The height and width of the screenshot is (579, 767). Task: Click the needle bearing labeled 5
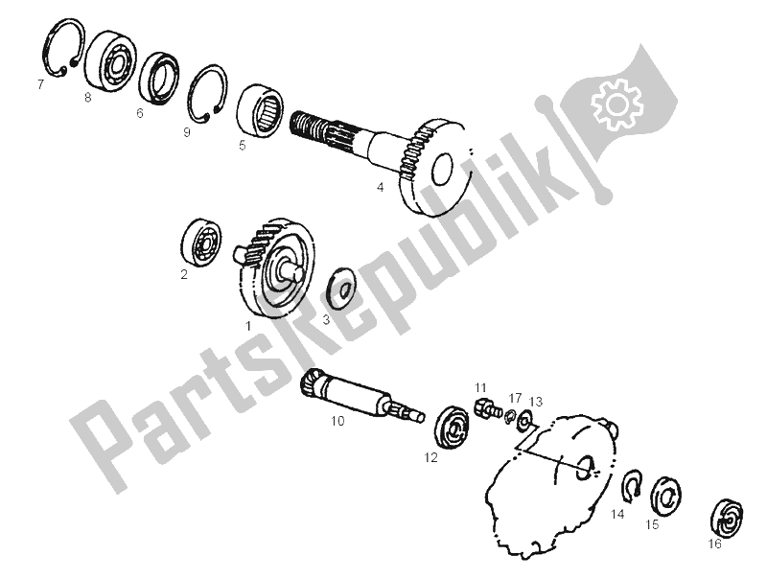coord(261,108)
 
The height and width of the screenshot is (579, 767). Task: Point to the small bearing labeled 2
coord(200,243)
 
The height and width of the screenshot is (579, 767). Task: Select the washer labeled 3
coord(342,289)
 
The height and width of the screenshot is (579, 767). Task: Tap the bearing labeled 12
coord(451,425)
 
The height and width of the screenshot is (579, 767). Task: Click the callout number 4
coord(380,187)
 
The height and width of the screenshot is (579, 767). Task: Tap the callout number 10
coord(337,421)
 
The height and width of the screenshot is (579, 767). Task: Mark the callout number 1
coord(248,326)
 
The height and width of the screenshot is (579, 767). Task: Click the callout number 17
coord(515,398)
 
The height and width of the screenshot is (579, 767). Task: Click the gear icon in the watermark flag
coord(616,104)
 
